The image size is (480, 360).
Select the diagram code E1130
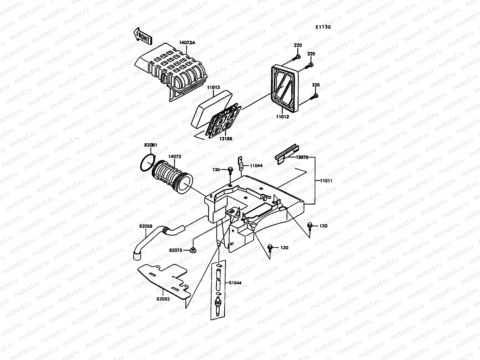323,27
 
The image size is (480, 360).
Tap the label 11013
213,88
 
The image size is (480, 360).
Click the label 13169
225,139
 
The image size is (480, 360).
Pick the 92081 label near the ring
150,145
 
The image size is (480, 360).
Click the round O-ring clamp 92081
147,163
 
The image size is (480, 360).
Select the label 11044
256,165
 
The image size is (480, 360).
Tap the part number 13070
302,157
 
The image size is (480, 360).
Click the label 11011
326,181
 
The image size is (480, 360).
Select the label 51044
235,283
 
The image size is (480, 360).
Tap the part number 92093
163,299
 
